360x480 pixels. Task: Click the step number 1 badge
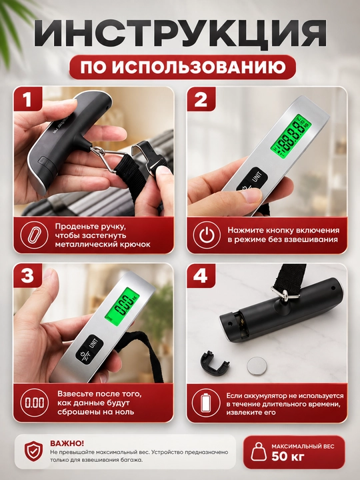pyautogui.click(x=28, y=99)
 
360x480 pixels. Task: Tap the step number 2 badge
pyautogui.click(x=201, y=99)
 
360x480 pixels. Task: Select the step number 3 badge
pyautogui.click(x=28, y=276)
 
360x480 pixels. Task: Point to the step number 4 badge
pyautogui.click(x=201, y=276)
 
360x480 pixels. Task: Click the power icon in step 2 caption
pyautogui.click(x=207, y=235)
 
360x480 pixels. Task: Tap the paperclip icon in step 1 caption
pyautogui.click(x=34, y=235)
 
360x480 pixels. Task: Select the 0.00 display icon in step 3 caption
pyautogui.click(x=34, y=403)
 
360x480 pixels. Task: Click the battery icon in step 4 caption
pyautogui.click(x=206, y=403)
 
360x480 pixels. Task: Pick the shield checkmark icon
pyautogui.click(x=34, y=451)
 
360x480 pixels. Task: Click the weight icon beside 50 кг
pyautogui.click(x=259, y=451)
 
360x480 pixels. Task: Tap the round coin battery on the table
pyautogui.click(x=257, y=366)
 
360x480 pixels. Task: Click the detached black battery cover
pyautogui.click(x=215, y=364)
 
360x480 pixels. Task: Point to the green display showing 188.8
pyautogui.click(x=291, y=137)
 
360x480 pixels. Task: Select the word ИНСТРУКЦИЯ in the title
pyautogui.click(x=180, y=34)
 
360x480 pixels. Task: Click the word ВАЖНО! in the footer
pyautogui.click(x=67, y=443)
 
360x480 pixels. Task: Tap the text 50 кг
pyautogui.click(x=288, y=457)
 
